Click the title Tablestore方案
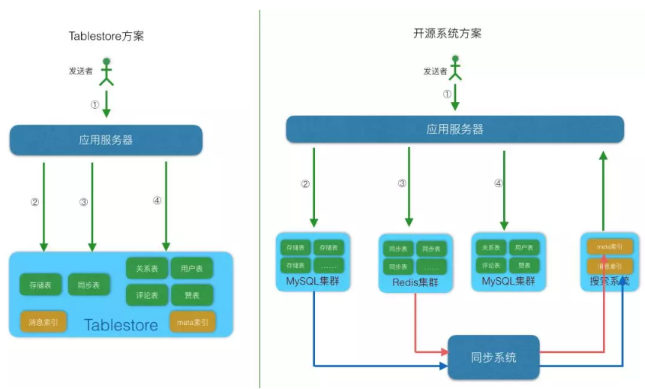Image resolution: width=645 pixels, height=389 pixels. (106, 36)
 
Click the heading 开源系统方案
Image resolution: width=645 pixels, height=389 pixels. (448, 33)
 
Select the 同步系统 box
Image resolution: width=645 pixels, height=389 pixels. (493, 357)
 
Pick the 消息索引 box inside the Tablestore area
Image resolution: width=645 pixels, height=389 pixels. (43, 323)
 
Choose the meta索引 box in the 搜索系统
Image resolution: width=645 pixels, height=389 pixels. (607, 246)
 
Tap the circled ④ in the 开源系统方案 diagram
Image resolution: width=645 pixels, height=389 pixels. (498, 183)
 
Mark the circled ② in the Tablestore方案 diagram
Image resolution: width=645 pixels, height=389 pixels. (34, 202)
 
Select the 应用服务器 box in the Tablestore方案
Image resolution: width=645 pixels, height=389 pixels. (106, 140)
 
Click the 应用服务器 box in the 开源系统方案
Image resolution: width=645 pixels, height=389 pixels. (454, 129)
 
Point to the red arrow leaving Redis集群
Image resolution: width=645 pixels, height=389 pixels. (415, 323)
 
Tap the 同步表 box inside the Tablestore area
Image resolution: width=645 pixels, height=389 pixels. (88, 285)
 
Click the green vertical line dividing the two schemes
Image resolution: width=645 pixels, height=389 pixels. (259, 195)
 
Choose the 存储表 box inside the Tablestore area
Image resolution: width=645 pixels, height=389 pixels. (40, 285)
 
